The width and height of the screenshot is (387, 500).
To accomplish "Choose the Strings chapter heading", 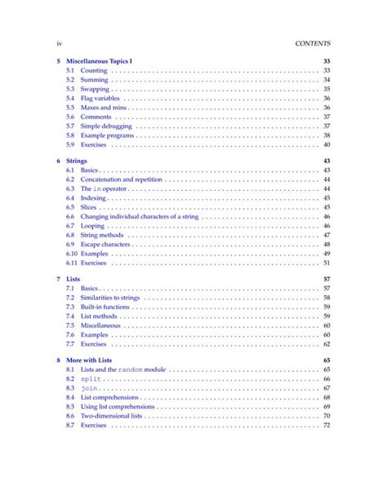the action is tap(78, 161).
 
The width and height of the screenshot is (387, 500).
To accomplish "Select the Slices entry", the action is tap(90, 207).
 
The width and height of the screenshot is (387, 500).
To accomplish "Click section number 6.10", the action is tap(71, 254).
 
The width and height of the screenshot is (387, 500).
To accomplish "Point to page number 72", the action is tap(326, 425).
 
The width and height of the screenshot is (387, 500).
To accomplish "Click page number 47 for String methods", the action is tap(326, 235).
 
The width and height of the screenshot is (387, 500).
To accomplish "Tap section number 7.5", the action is tap(70, 325).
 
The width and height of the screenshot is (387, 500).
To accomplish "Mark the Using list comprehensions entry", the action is tap(117, 406).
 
